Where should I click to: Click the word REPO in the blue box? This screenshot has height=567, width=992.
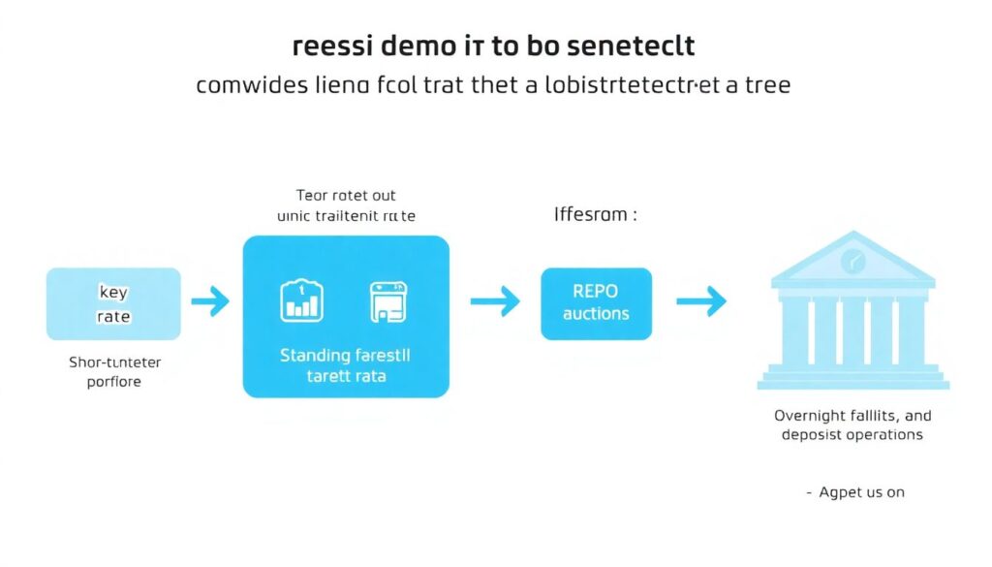[x=596, y=292]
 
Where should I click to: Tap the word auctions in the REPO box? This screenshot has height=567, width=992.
[x=596, y=314]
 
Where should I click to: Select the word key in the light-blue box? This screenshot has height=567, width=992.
[x=113, y=292]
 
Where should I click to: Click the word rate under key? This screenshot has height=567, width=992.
[x=113, y=316]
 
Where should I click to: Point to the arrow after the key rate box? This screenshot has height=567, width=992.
[x=210, y=302]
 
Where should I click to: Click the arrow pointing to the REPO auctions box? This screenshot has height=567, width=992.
[x=494, y=302]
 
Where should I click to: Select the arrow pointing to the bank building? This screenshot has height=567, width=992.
[x=701, y=302]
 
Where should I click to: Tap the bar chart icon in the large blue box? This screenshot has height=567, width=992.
[x=300, y=301]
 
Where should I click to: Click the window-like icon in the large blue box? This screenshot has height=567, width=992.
[x=387, y=301]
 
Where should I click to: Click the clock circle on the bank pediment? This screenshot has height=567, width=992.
[x=852, y=260]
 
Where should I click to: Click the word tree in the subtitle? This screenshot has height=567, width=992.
[x=765, y=85]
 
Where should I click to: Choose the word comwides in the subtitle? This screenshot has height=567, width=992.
[x=245, y=85]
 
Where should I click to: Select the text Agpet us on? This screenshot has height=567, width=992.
[x=861, y=492]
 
